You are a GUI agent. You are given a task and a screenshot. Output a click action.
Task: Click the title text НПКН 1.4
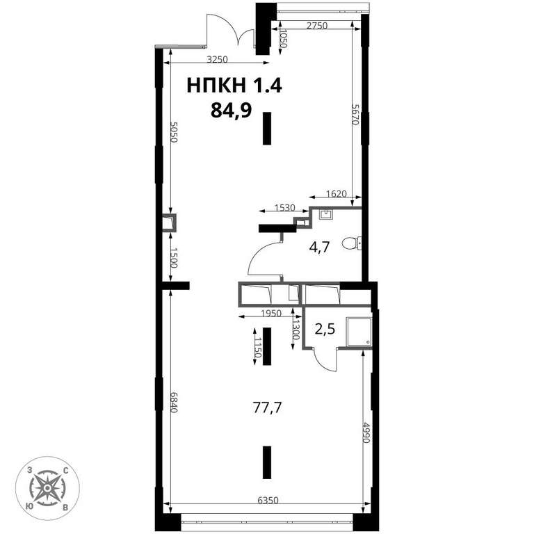click(234, 85)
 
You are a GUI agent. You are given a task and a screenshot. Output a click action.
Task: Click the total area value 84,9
click(232, 111)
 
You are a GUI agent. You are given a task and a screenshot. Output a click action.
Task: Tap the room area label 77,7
click(267, 407)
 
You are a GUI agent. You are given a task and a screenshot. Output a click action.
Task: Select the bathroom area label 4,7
click(319, 247)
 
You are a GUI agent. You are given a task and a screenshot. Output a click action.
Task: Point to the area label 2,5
click(325, 330)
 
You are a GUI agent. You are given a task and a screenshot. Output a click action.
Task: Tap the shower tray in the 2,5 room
click(359, 332)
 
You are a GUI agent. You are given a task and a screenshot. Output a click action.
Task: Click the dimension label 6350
click(268, 501)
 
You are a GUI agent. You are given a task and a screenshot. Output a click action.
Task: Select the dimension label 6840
click(174, 402)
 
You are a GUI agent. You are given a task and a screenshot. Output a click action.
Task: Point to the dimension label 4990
click(366, 432)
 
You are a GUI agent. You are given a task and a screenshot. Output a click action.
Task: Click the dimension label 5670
click(355, 115)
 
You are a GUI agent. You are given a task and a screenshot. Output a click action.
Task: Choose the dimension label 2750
click(317, 26)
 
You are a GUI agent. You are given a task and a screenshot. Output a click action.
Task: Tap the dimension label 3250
click(217, 60)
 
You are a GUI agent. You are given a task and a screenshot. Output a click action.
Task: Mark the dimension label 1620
click(336, 194)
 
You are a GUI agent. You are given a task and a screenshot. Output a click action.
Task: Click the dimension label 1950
click(271, 313)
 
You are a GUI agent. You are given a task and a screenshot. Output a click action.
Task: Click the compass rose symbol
click(47, 488)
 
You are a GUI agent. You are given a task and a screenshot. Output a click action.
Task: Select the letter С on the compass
click(65, 471)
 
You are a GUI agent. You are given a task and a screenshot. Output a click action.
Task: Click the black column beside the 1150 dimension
click(267, 346)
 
